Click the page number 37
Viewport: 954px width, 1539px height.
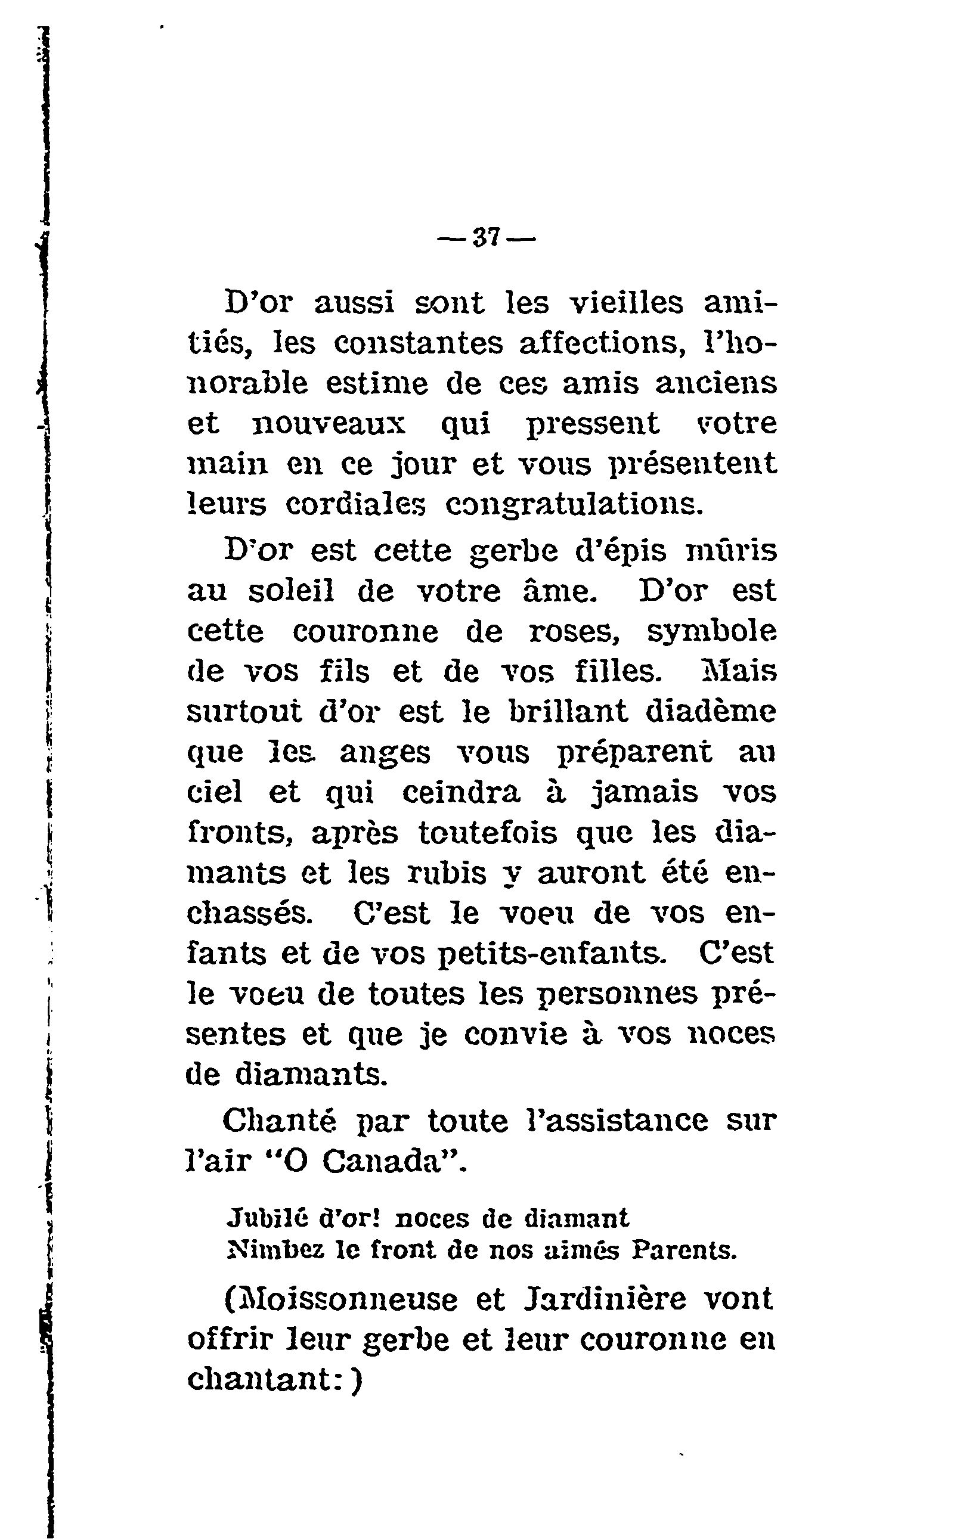pyautogui.click(x=486, y=239)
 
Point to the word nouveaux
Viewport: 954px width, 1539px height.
pyautogui.click(x=329, y=424)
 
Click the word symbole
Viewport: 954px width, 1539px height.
pyautogui.click(x=712, y=632)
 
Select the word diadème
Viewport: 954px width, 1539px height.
pyautogui.click(x=712, y=712)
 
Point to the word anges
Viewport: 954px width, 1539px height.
pyautogui.click(x=385, y=753)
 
